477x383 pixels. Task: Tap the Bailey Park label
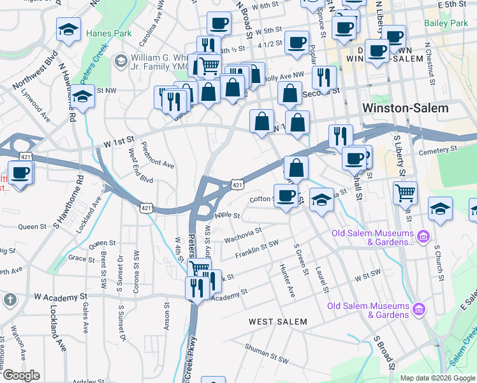(446, 23)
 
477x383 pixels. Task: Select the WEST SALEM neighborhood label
(277, 322)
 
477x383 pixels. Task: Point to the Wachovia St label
(244, 236)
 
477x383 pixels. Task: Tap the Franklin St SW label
(257, 249)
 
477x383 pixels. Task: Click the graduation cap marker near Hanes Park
(68, 29)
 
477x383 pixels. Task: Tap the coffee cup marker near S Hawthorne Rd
(20, 173)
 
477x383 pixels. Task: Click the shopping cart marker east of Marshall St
(405, 191)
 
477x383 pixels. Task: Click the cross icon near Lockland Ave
(10, 299)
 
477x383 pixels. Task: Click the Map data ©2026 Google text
(436, 378)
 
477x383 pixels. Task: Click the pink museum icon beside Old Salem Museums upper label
(422, 237)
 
